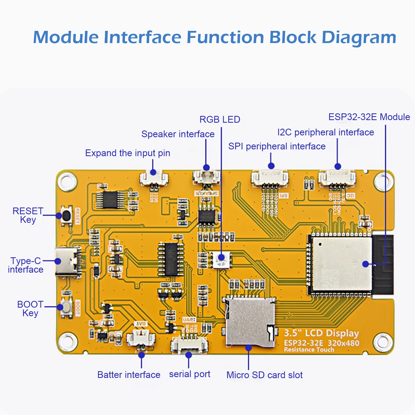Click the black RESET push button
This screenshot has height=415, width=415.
click(66, 216)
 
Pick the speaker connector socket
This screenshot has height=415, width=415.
click(206, 177)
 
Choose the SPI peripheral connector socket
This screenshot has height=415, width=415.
click(270, 178)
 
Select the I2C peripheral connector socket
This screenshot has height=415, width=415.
click(337, 178)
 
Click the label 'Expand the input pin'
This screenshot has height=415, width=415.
click(128, 153)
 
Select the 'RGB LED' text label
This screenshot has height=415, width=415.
click(220, 120)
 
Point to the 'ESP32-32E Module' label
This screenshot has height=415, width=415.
click(369, 117)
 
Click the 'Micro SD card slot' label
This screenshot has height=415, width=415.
click(264, 375)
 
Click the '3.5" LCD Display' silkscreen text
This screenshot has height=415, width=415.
click(321, 333)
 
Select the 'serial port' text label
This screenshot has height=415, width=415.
click(190, 374)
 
